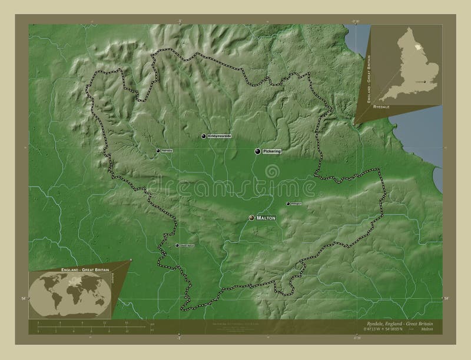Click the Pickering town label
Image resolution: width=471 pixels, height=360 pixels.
(273, 151)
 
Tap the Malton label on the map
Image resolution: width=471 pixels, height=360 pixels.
(266, 218)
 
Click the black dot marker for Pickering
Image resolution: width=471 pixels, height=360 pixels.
(257, 151)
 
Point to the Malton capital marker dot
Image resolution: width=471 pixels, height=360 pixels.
(251, 218)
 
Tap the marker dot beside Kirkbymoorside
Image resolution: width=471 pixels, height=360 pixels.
(204, 136)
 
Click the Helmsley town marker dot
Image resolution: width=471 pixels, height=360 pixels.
(158, 151)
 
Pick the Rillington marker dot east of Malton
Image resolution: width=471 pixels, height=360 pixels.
(288, 204)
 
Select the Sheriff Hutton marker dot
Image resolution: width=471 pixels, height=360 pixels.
(177, 245)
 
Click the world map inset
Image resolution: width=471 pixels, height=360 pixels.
(71, 292)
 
